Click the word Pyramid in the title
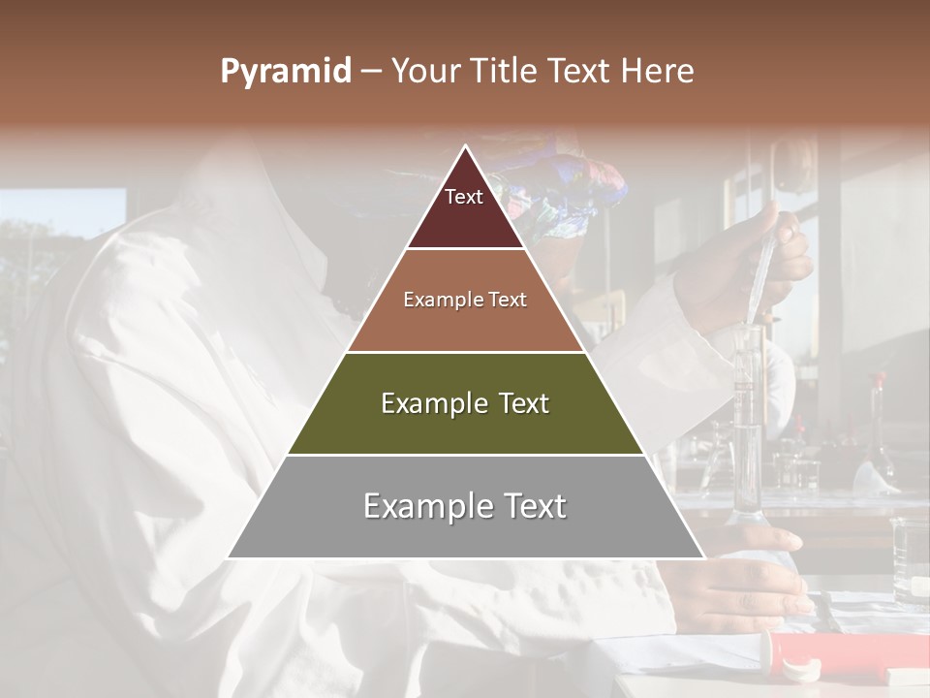tap(285, 72)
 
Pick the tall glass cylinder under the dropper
tap(747, 427)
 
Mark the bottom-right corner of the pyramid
tap(704, 558)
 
